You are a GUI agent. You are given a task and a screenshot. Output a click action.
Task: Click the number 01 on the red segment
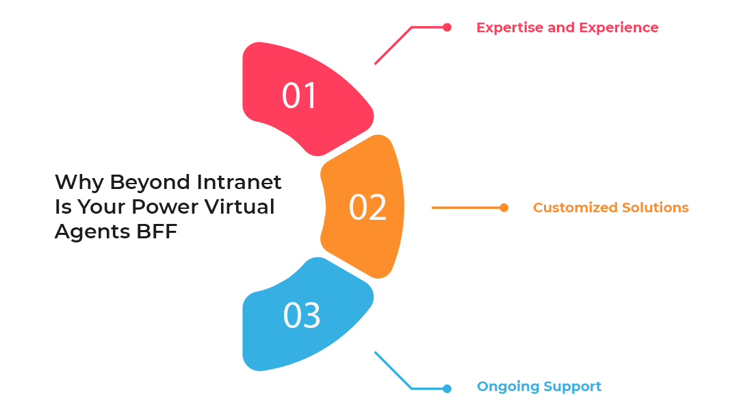pos(300,96)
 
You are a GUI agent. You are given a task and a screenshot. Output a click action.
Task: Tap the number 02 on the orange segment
pos(367,207)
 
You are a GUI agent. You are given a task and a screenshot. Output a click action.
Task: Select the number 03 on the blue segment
pos(302,316)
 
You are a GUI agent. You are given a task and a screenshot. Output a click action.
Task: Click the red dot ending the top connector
pos(447,27)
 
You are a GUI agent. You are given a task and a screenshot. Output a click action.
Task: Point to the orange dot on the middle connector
pos(504,207)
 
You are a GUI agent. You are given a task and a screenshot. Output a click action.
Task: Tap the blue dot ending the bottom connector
pos(447,388)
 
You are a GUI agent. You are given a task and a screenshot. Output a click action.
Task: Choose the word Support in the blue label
pos(571,387)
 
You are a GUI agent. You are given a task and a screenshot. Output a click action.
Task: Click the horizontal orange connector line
pos(465,207)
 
